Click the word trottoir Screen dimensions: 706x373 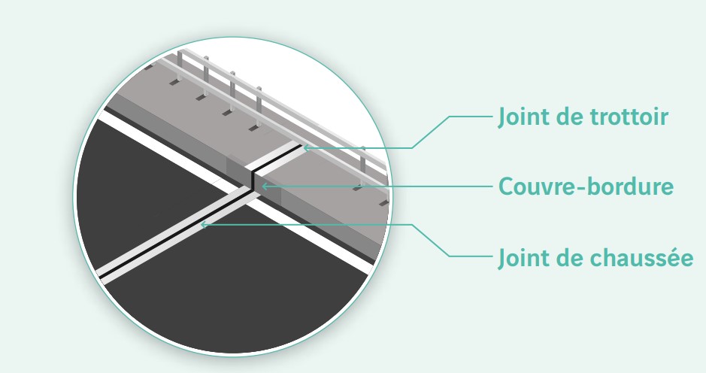coord(629,117)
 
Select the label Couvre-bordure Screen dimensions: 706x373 coord(586,186)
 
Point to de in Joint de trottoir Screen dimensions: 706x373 coord(570,117)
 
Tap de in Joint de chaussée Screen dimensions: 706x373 coord(570,258)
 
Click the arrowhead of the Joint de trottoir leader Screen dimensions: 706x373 coord(306,147)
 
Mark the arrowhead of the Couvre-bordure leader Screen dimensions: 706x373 coord(265,186)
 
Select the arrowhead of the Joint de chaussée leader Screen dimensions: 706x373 coord(204,224)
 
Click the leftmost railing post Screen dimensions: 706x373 coord(180,65)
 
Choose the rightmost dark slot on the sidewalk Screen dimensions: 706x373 coord(383,204)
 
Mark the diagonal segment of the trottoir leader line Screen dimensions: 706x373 coord(431,132)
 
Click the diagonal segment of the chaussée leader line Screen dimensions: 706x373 coord(431,241)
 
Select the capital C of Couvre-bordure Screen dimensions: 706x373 coord(506,186)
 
